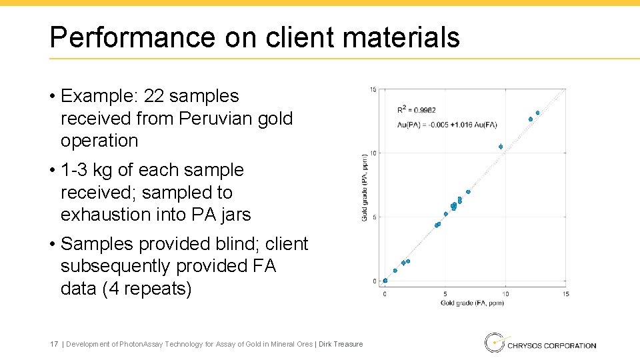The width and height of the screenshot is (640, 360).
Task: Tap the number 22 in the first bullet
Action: (153, 97)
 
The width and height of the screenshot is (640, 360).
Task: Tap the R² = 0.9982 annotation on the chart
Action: (417, 110)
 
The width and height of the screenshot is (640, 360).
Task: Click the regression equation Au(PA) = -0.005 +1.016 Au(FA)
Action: (447, 125)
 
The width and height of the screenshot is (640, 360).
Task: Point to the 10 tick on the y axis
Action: (374, 153)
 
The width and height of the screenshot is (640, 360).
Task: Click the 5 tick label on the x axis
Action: (445, 294)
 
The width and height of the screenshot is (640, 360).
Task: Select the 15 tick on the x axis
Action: (565, 294)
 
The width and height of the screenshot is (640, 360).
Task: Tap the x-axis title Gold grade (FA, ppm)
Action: (472, 303)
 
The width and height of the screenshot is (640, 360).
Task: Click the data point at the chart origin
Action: (385, 281)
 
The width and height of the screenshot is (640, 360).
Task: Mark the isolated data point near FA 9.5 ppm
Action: (501, 147)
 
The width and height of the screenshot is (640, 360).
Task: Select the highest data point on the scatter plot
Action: (537, 113)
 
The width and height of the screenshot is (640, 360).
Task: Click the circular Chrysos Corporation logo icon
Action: (494, 343)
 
